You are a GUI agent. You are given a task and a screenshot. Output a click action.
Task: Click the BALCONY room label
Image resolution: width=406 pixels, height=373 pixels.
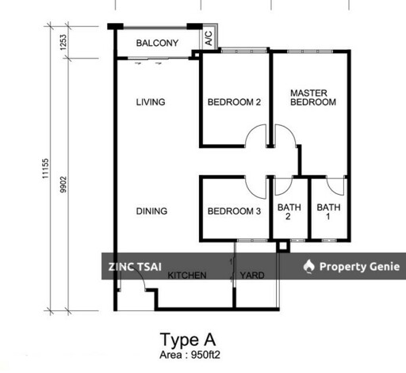pyautogui.click(x=157, y=43)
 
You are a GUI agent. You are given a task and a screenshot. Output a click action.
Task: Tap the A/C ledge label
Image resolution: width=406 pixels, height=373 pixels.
pyautogui.click(x=209, y=38)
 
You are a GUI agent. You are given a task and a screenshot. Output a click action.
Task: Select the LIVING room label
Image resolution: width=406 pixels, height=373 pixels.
pyautogui.click(x=151, y=102)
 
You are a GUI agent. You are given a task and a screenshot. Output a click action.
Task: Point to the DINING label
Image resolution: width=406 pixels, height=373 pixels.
pyautogui.click(x=151, y=211)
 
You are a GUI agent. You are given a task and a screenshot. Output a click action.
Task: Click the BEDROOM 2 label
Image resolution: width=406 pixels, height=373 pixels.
pyautogui.click(x=234, y=102)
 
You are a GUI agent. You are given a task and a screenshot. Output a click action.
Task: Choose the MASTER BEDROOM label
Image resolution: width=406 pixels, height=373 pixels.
pyautogui.click(x=313, y=97)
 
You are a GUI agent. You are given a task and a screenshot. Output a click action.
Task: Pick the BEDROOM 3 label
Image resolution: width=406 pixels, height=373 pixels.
pyautogui.click(x=234, y=211)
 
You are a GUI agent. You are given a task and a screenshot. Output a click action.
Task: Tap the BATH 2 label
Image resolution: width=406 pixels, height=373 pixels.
pyautogui.click(x=289, y=212)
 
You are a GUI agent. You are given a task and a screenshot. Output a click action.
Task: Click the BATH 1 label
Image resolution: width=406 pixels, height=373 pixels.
pyautogui.click(x=328, y=212)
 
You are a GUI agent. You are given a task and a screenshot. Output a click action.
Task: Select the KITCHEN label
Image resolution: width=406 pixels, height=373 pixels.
pyautogui.click(x=187, y=276)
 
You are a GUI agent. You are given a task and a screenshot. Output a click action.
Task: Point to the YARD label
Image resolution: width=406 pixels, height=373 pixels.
pyautogui.click(x=252, y=276)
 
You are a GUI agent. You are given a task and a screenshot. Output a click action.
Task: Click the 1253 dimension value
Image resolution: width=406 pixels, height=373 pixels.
pyautogui.click(x=63, y=42)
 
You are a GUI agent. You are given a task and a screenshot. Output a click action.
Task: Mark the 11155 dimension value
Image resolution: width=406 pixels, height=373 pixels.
pyautogui.click(x=45, y=169)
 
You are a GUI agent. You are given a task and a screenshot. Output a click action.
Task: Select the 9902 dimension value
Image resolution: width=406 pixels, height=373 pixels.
pyautogui.click(x=63, y=185)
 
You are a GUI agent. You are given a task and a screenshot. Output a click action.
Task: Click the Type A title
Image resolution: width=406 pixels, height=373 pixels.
pyautogui.click(x=188, y=340)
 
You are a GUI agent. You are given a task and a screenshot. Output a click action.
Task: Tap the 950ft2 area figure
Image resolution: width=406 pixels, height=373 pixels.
pyautogui.click(x=205, y=355)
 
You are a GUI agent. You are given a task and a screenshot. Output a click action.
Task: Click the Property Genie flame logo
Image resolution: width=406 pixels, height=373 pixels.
pyautogui.click(x=309, y=266)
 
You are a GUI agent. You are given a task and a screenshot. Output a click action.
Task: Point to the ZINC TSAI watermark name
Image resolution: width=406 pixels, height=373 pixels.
pyautogui.click(x=135, y=267)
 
